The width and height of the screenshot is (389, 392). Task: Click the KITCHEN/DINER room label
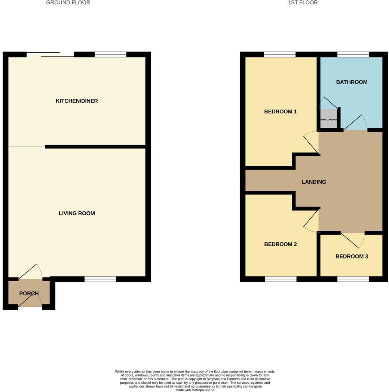pos(77,101)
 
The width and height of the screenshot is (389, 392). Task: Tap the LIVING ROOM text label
pos(77,213)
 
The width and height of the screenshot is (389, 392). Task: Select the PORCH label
pos(29,293)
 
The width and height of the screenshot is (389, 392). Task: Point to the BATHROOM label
pos(352,82)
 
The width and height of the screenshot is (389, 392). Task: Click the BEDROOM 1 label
pos(281,111)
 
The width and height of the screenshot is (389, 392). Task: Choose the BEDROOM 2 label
pos(281,244)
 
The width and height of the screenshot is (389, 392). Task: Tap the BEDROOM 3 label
pos(352,256)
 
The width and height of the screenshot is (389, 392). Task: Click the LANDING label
pos(314,182)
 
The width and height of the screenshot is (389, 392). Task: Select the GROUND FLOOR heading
pos(68,3)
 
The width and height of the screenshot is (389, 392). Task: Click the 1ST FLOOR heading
pos(303,3)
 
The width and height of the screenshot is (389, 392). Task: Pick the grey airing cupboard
pos(329,119)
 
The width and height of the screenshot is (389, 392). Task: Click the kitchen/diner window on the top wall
pos(110,55)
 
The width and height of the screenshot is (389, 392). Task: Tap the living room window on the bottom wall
pos(100,279)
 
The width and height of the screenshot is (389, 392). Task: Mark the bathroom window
pos(353,55)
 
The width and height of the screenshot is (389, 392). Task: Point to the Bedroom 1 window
pos(280,55)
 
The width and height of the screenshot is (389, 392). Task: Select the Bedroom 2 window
pos(281,279)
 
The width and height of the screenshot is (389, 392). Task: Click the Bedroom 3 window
pos(353,279)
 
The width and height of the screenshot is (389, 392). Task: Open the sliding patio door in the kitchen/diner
pos(50,55)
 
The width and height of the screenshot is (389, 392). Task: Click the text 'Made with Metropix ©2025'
pos(195,390)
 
